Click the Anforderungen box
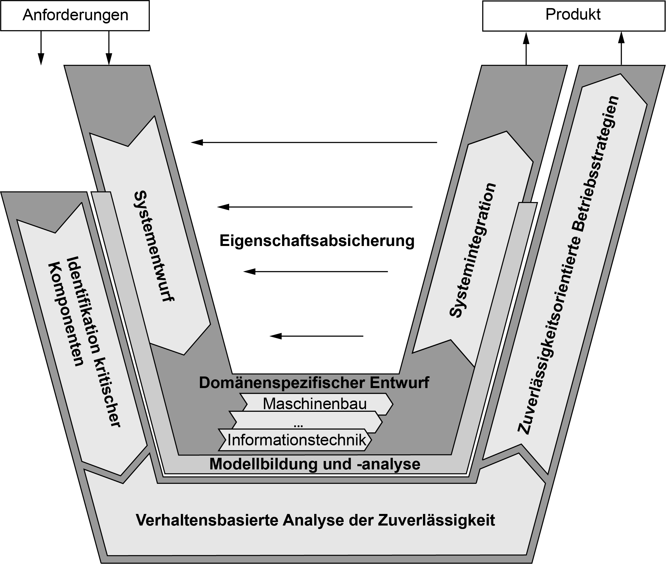tap(75, 16)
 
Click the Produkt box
tap(574, 16)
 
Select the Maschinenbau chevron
tap(317, 404)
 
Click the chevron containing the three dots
tap(306, 422)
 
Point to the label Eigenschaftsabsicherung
tap(317, 241)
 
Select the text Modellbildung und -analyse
tap(315, 464)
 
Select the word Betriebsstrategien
tap(596, 163)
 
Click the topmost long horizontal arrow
tap(314, 142)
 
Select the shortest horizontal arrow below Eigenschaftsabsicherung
tap(317, 336)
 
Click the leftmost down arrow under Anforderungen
tap(41, 48)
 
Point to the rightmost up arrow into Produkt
tap(621, 48)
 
